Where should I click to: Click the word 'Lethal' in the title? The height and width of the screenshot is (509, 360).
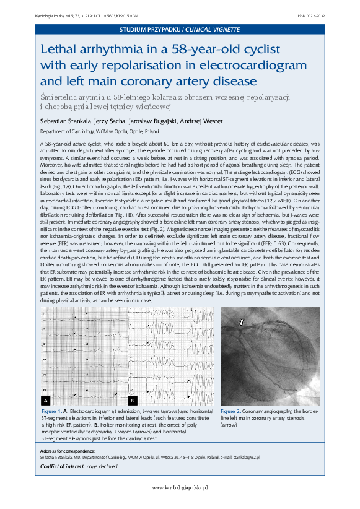pos(59,50)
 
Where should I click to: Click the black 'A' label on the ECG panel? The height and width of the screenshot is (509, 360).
pos(46,401)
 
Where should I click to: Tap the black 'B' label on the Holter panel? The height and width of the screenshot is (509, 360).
pos(132,401)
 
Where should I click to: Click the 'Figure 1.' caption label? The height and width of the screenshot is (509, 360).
pos(50,411)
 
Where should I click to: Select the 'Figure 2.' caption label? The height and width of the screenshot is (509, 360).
pos(230,411)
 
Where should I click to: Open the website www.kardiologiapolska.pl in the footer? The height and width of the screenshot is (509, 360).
pos(180,488)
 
